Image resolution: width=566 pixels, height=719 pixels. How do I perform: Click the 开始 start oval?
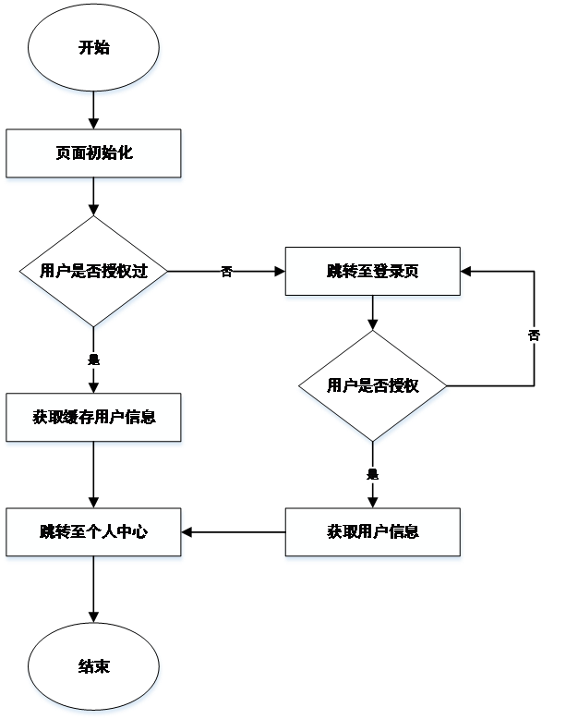point(93,48)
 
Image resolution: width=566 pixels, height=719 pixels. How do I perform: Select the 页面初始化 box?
point(93,153)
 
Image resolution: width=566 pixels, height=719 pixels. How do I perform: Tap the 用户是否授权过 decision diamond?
point(93,272)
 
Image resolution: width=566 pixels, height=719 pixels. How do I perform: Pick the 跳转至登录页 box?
point(372,272)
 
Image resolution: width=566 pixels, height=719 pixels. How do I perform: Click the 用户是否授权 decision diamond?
point(372,385)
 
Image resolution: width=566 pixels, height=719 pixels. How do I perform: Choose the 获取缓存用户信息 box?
point(93,418)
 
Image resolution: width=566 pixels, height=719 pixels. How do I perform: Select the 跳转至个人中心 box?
point(93,532)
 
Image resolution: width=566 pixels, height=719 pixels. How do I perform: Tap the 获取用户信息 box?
point(372,532)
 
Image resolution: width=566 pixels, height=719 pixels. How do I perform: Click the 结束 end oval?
point(93,666)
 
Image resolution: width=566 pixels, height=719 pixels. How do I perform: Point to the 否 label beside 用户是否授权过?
point(226,272)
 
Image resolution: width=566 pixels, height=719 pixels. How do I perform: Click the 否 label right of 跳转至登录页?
point(534,335)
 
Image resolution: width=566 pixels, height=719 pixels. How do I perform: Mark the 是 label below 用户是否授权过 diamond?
point(93,359)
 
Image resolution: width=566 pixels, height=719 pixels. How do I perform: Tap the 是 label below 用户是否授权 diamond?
point(372,475)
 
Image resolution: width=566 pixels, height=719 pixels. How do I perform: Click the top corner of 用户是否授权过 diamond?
point(93,217)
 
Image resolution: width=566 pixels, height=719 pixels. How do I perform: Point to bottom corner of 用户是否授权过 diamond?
point(93,326)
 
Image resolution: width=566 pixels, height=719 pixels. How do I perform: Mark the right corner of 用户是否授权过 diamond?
point(171,272)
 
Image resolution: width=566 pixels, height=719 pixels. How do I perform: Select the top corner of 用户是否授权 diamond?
point(372,332)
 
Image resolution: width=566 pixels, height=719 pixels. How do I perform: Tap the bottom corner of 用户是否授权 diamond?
point(372,440)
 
